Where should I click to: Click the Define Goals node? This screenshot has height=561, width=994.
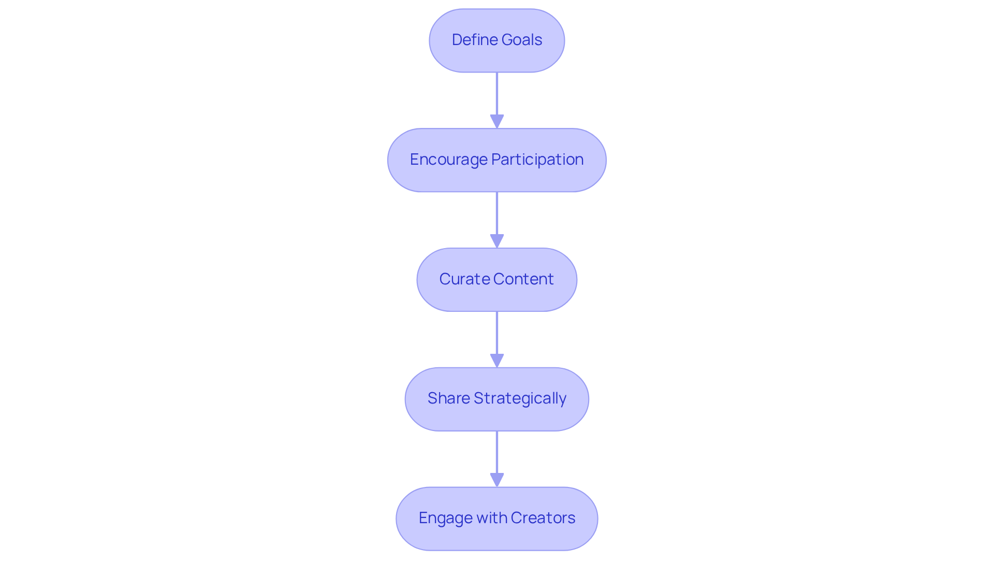496,40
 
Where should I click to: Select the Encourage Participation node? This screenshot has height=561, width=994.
496,160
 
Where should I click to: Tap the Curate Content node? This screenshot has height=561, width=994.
496,280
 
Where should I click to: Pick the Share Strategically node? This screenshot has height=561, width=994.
496,399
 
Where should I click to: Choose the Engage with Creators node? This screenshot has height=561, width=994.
496,519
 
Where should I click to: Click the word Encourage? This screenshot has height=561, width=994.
448,160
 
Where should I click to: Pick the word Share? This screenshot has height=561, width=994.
448,398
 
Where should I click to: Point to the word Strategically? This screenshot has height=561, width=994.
520,398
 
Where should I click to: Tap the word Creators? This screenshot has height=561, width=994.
543,518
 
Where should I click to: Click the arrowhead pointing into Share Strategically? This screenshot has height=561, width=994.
497,361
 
